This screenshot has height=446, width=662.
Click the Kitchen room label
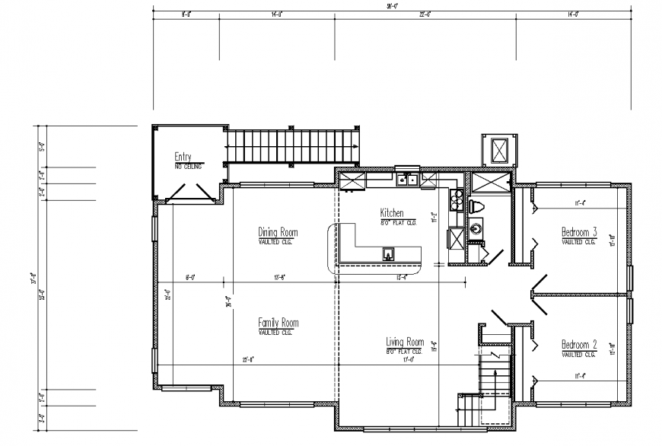[392, 213]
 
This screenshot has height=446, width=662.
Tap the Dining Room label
[278, 232]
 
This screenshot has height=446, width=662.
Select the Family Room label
[278, 323]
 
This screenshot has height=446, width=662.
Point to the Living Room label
[404, 342]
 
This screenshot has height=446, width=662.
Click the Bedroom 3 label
[579, 232]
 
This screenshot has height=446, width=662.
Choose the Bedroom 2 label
[579, 345]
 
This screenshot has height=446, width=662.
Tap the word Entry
[187, 157]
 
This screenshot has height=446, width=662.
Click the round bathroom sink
[476, 227]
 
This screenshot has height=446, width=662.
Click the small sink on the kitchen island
[387, 253]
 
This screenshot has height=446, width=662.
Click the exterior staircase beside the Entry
[292, 145]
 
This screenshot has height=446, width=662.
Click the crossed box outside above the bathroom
[498, 149]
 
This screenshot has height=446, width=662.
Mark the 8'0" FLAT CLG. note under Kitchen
[398, 222]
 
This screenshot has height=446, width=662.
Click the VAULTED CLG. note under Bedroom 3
[578, 241]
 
